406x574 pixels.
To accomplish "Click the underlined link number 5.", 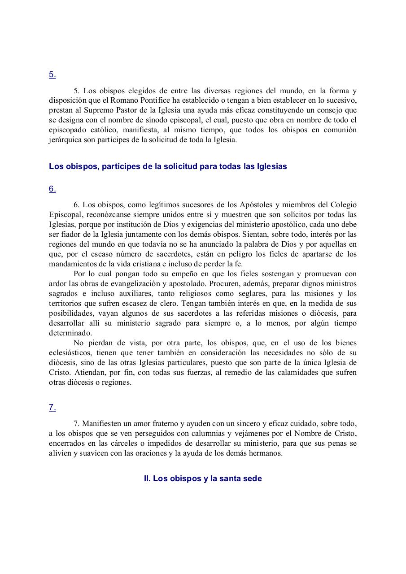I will [x=52, y=75].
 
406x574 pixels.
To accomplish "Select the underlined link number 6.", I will [x=52, y=189].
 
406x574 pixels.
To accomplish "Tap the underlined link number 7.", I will [x=52, y=408].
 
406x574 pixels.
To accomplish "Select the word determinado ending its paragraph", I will [x=70, y=333].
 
